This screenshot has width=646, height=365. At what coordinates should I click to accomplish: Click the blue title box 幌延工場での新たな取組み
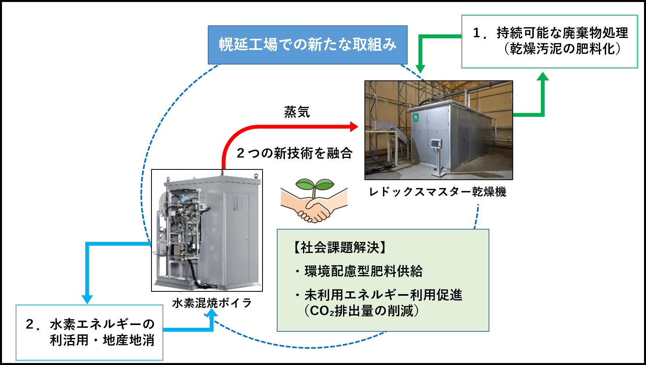pos(307,45)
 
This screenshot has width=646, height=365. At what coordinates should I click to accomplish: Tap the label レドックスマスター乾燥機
pos(437,192)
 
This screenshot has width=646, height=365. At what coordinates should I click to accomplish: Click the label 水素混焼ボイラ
pos(212,303)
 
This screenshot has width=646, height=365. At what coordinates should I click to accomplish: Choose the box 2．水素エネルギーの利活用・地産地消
pos(90,333)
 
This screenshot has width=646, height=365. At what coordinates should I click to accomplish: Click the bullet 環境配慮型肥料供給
pos(363,272)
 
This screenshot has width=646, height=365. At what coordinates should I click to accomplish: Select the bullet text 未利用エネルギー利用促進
pos(383,295)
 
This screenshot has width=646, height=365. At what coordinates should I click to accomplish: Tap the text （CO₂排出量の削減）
pos(362,311)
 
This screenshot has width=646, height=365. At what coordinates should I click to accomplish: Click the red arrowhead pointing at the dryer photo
pos(354,127)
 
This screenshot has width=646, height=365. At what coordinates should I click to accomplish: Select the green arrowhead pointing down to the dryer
pos(420,69)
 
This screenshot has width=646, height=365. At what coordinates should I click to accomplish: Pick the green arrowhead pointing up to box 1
pos(542,76)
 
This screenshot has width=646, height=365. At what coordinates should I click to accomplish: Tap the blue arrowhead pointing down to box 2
pos(87,299)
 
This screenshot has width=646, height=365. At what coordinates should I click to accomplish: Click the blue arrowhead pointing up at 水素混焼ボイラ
pos(212,313)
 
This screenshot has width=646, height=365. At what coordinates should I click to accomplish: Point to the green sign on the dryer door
pos(416,117)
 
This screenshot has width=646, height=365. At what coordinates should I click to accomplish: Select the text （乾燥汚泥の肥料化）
pos(562,49)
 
